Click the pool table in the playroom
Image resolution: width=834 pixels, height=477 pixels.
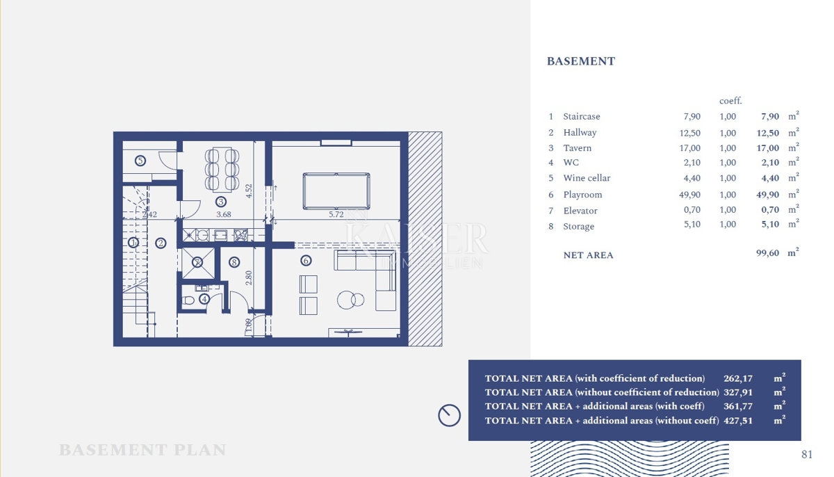pyautogui.click(x=336, y=191)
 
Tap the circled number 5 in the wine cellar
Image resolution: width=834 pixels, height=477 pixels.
pyautogui.click(x=140, y=161)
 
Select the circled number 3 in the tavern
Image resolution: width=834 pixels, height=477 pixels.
pyautogui.click(x=221, y=202)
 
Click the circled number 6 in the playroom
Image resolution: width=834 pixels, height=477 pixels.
pyautogui.click(x=306, y=261)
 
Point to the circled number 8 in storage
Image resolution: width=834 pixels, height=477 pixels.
pyautogui.click(x=234, y=262)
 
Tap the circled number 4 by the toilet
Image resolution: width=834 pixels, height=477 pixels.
pyautogui.click(x=204, y=299)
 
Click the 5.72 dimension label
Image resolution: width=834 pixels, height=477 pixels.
pyautogui.click(x=336, y=215)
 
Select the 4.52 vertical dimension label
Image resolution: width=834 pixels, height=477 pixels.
pyautogui.click(x=249, y=191)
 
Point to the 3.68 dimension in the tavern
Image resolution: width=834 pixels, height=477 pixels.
pyautogui.click(x=223, y=215)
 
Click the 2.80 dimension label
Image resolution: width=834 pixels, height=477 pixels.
pyautogui.click(x=248, y=278)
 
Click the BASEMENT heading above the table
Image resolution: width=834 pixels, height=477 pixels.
pyautogui.click(x=580, y=61)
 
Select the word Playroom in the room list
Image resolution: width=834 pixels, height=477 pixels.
pyautogui.click(x=582, y=195)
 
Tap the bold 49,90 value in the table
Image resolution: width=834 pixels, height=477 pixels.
pyautogui.click(x=767, y=195)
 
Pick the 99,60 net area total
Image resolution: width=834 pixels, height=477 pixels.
pyautogui.click(x=767, y=253)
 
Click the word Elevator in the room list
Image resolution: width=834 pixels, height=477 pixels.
pyautogui.click(x=580, y=211)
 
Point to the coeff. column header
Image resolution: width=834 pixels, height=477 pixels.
pyautogui.click(x=730, y=101)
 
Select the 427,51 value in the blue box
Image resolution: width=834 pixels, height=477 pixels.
pyautogui.click(x=738, y=420)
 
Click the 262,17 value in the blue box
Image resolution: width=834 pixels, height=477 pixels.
pyautogui.click(x=738, y=378)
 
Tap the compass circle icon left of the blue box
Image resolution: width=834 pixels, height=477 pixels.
pyautogui.click(x=449, y=415)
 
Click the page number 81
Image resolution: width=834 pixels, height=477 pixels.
pyautogui.click(x=807, y=455)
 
